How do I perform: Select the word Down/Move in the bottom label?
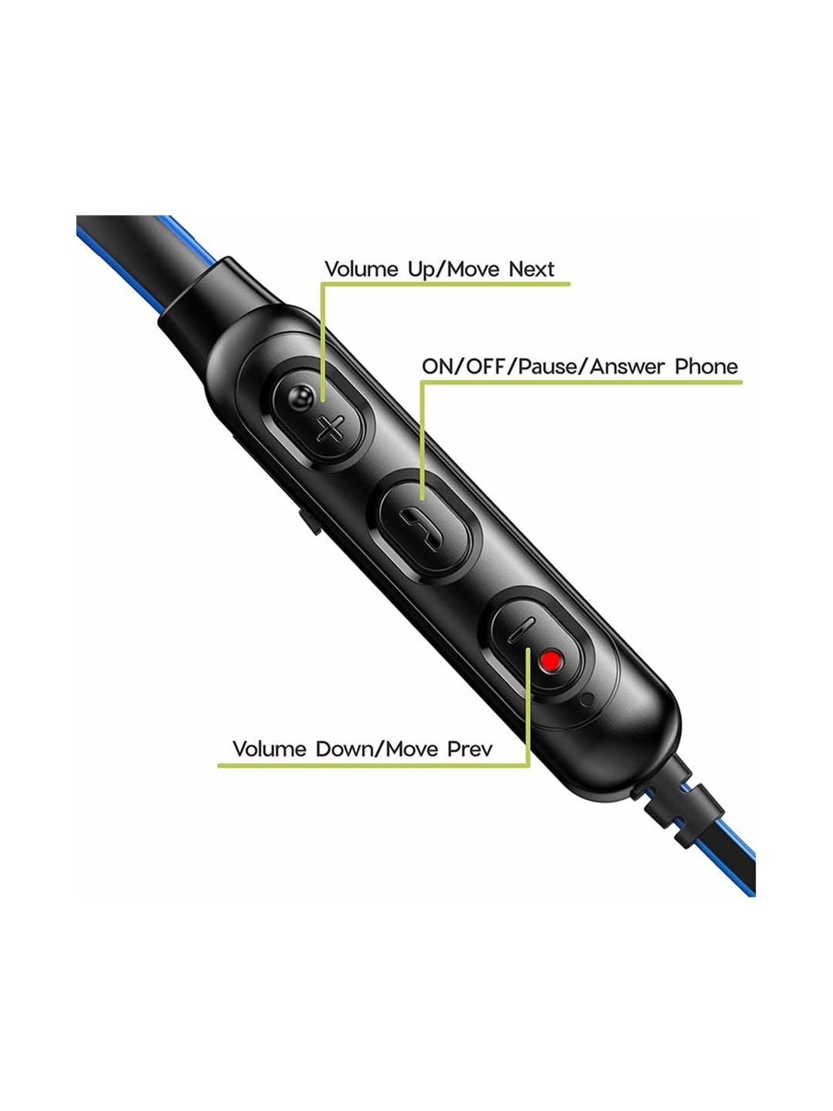click(x=378, y=749)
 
